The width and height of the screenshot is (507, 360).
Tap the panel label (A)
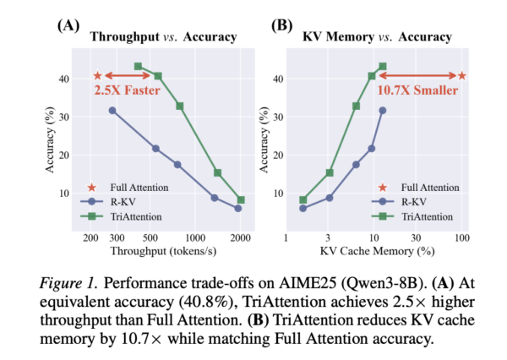[x=68, y=25]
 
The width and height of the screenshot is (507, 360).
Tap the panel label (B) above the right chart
[x=281, y=25]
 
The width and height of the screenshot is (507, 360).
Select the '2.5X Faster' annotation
[x=128, y=90]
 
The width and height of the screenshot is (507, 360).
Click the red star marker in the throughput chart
[x=98, y=76]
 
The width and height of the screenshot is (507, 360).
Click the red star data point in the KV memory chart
[x=461, y=76]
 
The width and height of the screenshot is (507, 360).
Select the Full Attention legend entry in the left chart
[x=139, y=186]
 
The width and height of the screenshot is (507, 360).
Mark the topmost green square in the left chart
[x=139, y=66]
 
